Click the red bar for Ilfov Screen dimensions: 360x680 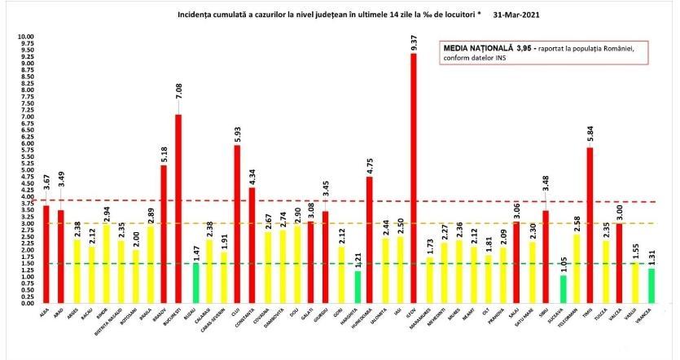coord(413,179)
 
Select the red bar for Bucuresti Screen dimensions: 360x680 coord(178,208)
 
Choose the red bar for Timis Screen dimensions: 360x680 coord(589,225)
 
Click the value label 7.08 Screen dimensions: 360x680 coord(178,103)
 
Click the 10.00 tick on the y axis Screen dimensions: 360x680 coord(26,37)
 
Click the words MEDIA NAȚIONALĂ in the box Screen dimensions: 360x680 coord(473,49)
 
